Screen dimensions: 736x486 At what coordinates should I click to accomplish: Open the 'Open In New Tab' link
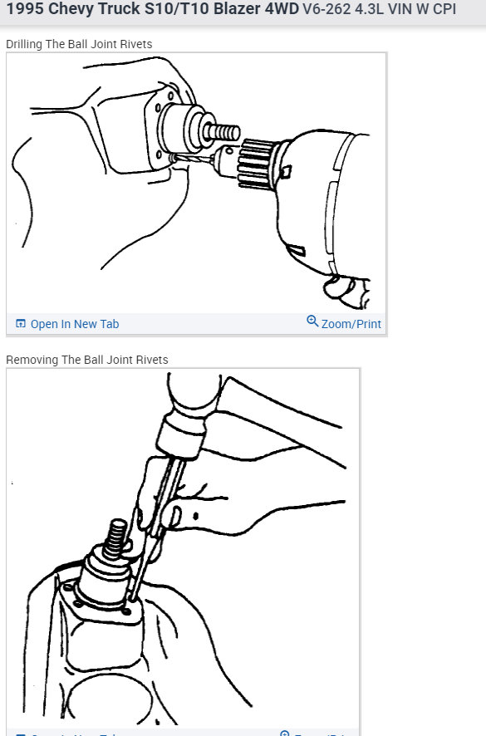(74, 324)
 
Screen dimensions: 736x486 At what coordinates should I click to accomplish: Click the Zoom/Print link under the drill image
(351, 324)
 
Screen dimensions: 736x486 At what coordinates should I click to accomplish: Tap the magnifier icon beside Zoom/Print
(312, 321)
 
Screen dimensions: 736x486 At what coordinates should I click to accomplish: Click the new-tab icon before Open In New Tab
(21, 324)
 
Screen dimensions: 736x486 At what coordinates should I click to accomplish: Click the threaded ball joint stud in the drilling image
(224, 132)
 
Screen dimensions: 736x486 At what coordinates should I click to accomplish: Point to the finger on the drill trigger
(341, 287)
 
